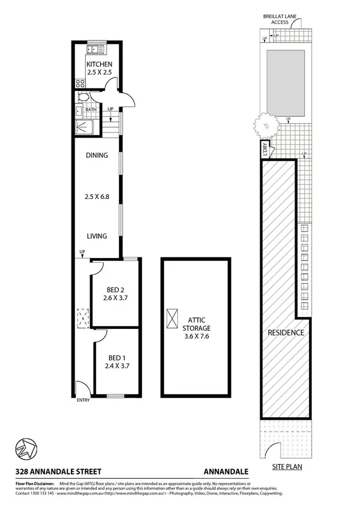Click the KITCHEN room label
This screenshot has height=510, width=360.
[99, 64]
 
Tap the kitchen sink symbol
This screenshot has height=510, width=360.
[96, 50]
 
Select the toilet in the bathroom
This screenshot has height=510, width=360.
[84, 97]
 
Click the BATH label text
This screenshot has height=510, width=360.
[91, 109]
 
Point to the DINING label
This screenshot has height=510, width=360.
[96, 155]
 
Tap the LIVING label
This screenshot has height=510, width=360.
[96, 236]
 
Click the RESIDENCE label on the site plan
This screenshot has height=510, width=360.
[285, 333]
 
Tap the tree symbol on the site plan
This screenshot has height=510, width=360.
[264, 126]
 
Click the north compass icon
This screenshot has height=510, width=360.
[25, 448]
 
